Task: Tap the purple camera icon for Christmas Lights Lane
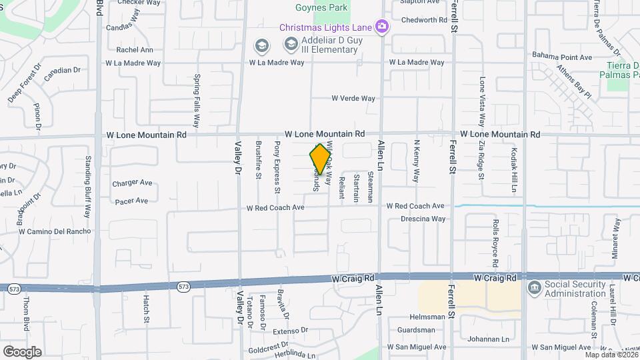pos(382,27)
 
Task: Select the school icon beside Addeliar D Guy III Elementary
pos(291,44)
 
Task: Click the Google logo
pos(22,351)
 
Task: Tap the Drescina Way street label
pos(423,219)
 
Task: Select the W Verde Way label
pos(353,99)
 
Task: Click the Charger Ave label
pos(132,183)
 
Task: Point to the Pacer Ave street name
pos(131,201)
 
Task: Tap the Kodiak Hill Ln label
pos(514,170)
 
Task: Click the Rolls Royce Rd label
pos(495,238)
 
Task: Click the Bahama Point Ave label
pos(561,57)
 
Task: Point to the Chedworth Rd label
pos(424,20)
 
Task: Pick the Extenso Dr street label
pos(289,330)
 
